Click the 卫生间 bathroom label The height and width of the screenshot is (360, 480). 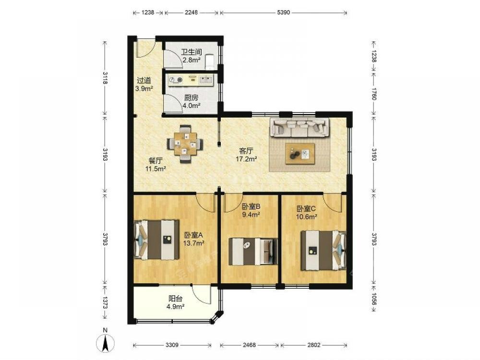(x=192, y=52)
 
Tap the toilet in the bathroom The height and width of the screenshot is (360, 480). (x=209, y=60)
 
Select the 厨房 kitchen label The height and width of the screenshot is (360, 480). (x=191, y=97)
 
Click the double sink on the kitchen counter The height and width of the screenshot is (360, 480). (x=206, y=80)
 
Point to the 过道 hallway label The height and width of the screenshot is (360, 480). (x=144, y=81)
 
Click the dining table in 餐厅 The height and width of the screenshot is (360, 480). (x=185, y=144)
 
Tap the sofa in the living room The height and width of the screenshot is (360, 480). (x=300, y=127)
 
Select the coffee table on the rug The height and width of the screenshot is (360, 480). (x=300, y=154)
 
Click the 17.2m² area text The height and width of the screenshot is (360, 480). (x=246, y=159)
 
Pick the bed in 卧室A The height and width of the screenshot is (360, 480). (x=157, y=240)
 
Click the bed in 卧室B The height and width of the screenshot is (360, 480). (x=253, y=252)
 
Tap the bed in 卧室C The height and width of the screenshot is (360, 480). (x=323, y=251)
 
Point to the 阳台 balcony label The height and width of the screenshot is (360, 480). (x=175, y=299)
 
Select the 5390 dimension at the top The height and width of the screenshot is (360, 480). (x=284, y=12)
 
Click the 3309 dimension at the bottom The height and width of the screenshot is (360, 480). (x=172, y=345)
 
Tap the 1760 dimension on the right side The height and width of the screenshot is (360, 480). (x=374, y=94)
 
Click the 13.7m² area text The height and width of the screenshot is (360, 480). (x=194, y=243)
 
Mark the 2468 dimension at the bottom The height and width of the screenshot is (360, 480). (x=249, y=345)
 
